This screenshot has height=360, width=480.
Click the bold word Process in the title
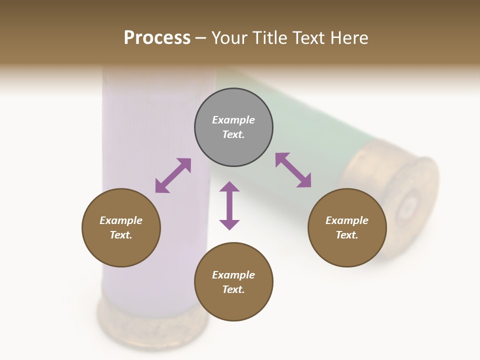(x=157, y=38)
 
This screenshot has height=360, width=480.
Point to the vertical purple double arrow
(x=229, y=205)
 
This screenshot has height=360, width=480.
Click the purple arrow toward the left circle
(x=173, y=175)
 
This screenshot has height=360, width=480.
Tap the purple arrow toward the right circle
(x=293, y=170)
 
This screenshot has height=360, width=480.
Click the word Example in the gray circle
(x=233, y=120)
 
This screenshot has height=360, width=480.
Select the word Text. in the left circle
(x=121, y=235)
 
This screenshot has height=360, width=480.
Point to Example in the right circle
(x=347, y=220)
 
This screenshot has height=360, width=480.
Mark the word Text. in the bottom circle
(x=233, y=289)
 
